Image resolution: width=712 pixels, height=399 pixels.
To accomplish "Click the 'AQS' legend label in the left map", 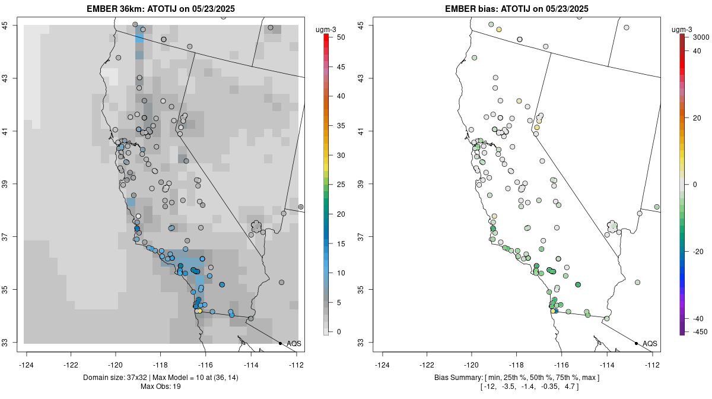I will [294, 343].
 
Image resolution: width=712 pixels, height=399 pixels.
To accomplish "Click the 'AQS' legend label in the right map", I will [650, 343].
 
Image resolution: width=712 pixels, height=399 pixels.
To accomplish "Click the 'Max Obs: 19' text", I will [161, 387].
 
